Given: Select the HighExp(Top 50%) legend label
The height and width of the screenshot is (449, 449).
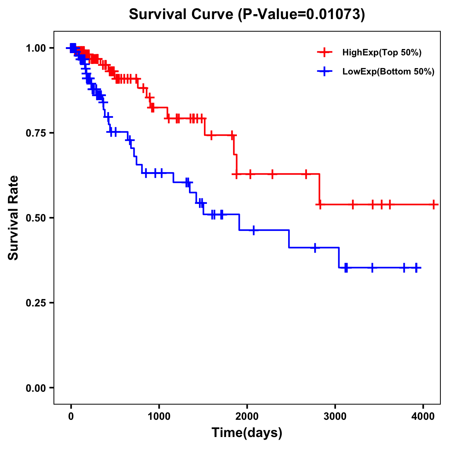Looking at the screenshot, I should pyautogui.click(x=382, y=53).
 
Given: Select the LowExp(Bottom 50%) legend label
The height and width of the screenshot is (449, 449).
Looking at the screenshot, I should pyautogui.click(x=388, y=72).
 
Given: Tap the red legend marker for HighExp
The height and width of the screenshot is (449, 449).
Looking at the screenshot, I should pyautogui.click(x=324, y=53).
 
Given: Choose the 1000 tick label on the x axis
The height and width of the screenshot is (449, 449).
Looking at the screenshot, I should pyautogui.click(x=159, y=416).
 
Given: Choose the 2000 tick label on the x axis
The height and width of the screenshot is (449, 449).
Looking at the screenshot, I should pyautogui.click(x=247, y=416).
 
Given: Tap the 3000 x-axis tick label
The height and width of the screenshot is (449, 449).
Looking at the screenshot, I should pyautogui.click(x=335, y=416).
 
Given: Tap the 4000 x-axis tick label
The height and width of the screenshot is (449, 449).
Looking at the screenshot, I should pyautogui.click(x=423, y=416).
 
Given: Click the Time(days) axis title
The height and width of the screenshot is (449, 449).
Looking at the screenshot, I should pyautogui.click(x=247, y=433).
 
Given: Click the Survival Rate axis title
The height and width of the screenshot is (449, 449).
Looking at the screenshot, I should pyautogui.click(x=13, y=218).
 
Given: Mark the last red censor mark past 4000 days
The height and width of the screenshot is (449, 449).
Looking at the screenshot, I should pyautogui.click(x=433, y=205).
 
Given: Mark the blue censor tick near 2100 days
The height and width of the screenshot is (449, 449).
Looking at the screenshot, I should pyautogui.click(x=254, y=230).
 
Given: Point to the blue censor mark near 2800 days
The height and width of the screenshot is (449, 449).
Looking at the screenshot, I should pyautogui.click(x=315, y=248).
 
